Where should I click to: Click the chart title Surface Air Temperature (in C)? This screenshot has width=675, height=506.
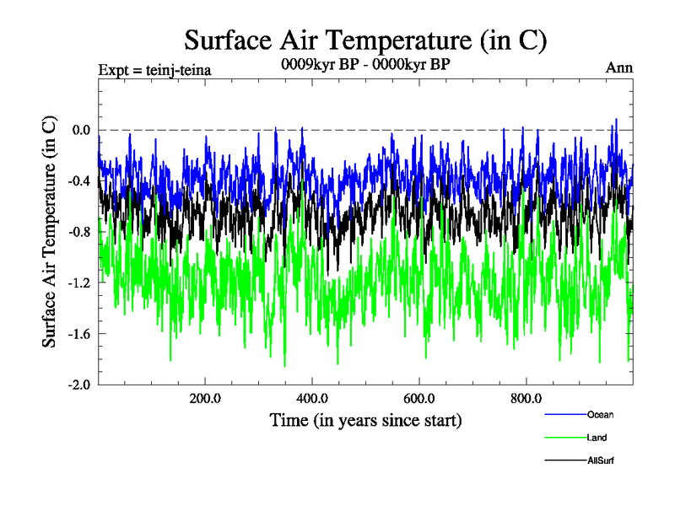pos(365,40)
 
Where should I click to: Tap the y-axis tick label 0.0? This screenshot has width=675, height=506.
pos(80,130)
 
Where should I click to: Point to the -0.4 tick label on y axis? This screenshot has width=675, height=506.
pos(78,180)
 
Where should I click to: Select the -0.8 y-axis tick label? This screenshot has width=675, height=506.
pos(78,232)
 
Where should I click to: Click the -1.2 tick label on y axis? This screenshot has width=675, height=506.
pos(78,283)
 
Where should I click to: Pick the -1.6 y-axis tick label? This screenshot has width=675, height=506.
pos(78,334)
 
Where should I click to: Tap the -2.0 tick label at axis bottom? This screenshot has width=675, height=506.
pos(78,385)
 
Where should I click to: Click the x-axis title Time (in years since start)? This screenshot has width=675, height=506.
pos(365,419)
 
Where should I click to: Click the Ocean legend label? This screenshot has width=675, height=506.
pos(600,414)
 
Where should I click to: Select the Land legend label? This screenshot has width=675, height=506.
pos(597,438)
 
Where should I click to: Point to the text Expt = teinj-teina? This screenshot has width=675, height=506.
pos(154,69)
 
